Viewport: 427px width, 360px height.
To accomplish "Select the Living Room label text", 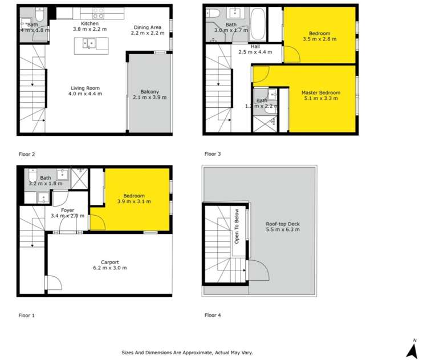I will tap(86, 91).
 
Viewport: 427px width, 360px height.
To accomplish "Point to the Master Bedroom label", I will tap(320, 95).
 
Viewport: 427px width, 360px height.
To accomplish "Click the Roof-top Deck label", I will tap(283, 226).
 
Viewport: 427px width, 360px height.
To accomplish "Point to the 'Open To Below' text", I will tap(236, 227).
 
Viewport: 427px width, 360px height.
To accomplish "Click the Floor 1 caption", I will tap(26, 315).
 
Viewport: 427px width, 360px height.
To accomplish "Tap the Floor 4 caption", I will tap(213, 315).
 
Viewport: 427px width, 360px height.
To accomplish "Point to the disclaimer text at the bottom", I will tap(188, 353).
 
